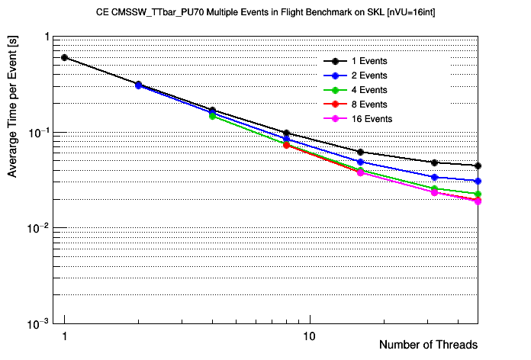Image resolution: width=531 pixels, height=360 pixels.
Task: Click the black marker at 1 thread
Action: pyautogui.click(x=65, y=57)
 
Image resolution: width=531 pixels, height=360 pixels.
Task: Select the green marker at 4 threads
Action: pyautogui.click(x=212, y=116)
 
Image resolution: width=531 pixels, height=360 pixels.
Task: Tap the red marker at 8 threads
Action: pyautogui.click(x=286, y=145)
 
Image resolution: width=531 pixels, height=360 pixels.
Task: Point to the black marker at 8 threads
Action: pyautogui.click(x=286, y=133)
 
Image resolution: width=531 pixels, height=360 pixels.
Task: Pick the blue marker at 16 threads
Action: pyautogui.click(x=360, y=162)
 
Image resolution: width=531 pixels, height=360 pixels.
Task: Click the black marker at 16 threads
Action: pyautogui.click(x=360, y=152)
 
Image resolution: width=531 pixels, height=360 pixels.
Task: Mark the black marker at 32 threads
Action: pyautogui.click(x=434, y=162)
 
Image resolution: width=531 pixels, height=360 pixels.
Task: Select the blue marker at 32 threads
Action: pyautogui.click(x=434, y=177)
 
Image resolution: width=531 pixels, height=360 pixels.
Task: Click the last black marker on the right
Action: pyautogui.click(x=478, y=166)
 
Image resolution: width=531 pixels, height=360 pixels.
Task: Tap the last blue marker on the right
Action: pyautogui.click(x=478, y=181)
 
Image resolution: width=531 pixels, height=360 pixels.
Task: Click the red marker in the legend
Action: pyautogui.click(x=334, y=104)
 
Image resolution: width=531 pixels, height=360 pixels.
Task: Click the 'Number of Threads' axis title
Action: pyautogui.click(x=428, y=345)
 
